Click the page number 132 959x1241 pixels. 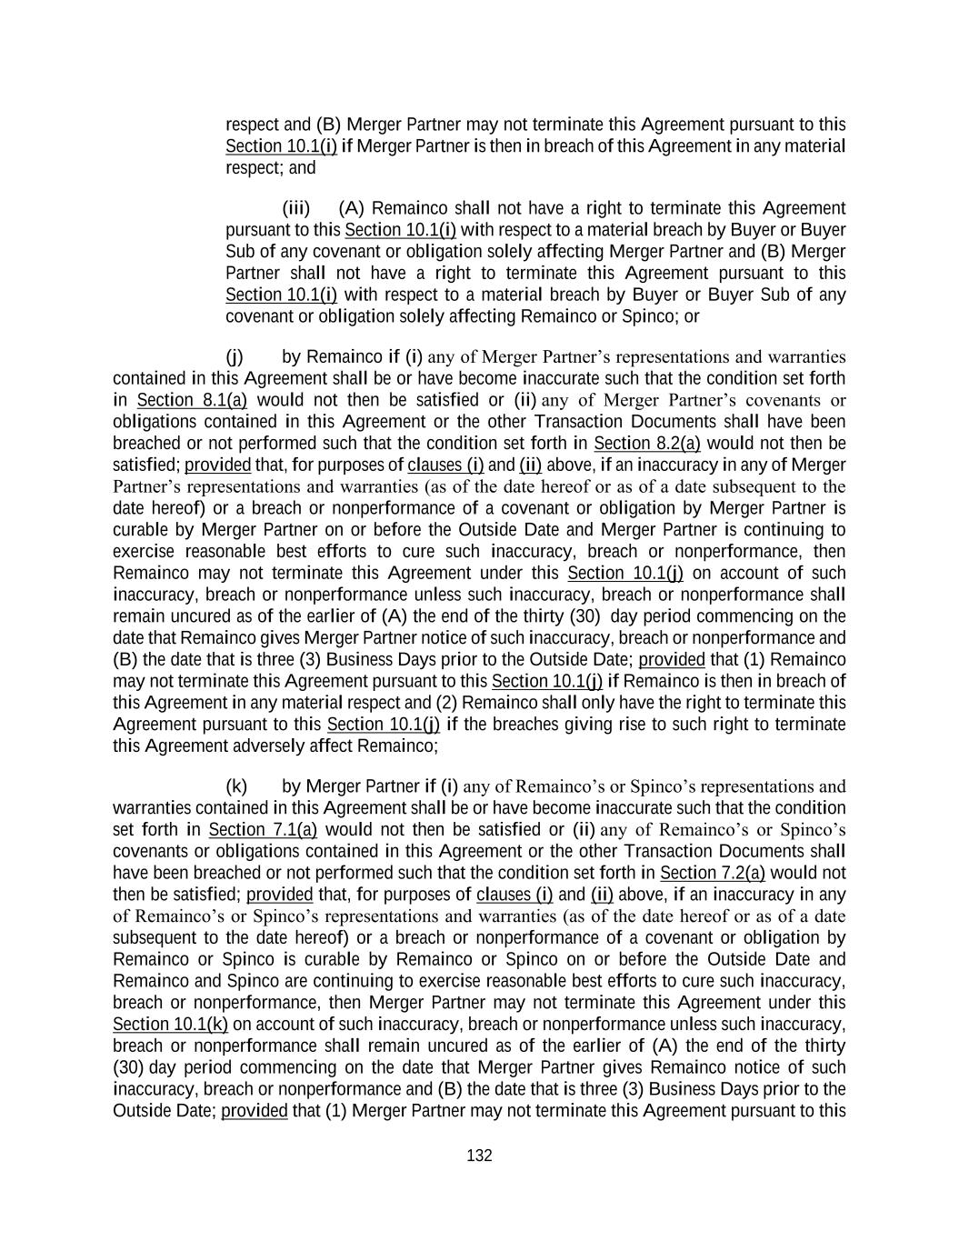coord(479,1156)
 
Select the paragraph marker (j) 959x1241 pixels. coord(235,356)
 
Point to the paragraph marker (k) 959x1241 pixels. coord(236,786)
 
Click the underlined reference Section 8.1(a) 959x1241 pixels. coord(192,400)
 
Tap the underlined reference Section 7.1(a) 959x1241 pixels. coord(263,829)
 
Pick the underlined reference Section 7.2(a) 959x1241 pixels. coord(713,873)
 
